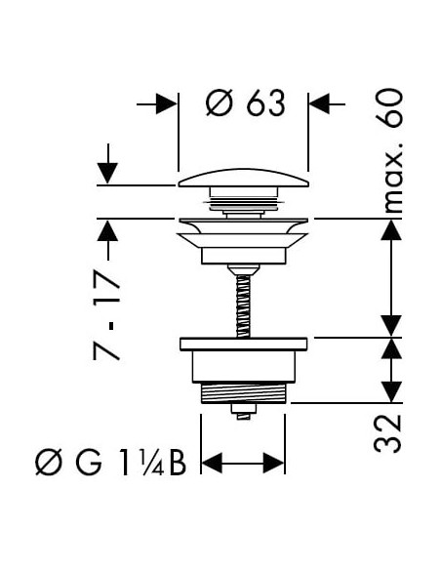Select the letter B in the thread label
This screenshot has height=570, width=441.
[176, 462]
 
